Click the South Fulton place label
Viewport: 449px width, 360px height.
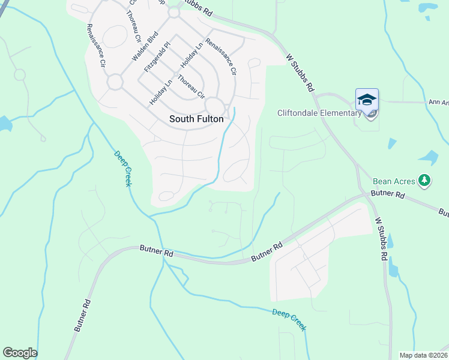click(x=196, y=119)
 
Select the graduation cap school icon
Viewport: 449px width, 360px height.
click(x=367, y=100)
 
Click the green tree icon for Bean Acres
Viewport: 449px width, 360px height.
click(x=424, y=180)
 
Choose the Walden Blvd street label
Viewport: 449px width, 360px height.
click(x=145, y=47)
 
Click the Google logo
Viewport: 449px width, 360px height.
click(x=20, y=353)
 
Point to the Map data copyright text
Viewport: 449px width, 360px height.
click(x=424, y=355)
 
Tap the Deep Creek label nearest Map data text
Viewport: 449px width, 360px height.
click(x=289, y=319)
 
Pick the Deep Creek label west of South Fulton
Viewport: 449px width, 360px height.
click(x=122, y=168)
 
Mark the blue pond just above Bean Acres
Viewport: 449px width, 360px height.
click(x=429, y=158)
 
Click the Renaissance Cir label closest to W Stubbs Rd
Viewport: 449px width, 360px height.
click(x=220, y=57)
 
